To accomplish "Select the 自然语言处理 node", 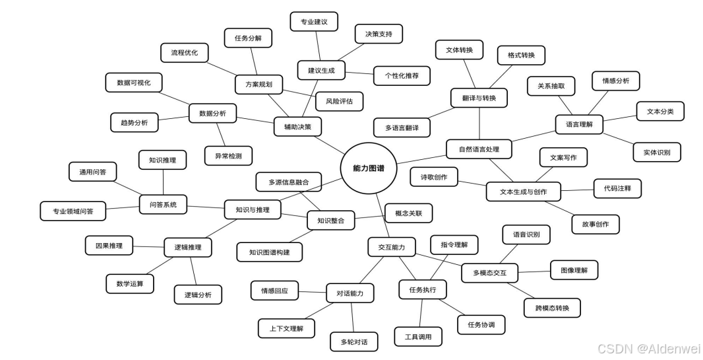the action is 479,149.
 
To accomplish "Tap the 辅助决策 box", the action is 293,126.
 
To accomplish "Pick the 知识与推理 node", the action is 253,210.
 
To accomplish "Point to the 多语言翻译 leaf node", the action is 402,126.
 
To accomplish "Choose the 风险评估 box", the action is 339,101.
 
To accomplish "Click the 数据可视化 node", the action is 134,83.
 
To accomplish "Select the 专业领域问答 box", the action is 73,211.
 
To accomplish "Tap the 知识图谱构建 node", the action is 270,252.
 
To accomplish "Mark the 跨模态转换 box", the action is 553,308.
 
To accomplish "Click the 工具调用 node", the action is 418,336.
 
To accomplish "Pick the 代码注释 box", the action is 617,188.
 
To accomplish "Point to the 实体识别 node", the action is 657,152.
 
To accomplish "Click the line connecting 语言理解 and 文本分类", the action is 620,118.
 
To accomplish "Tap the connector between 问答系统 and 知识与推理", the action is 206,207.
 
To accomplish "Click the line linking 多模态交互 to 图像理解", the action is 534,271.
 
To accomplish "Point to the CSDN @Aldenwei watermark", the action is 648,348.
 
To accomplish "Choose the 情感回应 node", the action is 274,290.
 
